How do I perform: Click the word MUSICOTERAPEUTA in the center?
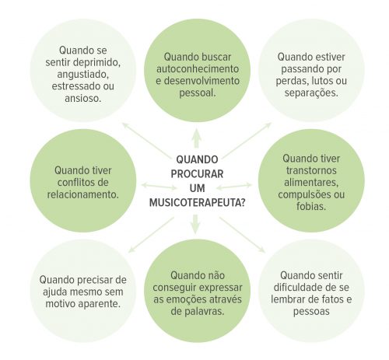194,202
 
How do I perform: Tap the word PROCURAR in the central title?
197,173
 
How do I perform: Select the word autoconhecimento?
198,69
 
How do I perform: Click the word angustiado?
82,75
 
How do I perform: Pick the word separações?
311,93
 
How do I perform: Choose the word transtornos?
311,170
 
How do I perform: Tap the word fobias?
311,207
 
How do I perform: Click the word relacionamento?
83,194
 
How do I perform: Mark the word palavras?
204,311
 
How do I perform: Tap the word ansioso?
83,99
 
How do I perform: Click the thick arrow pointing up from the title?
197,138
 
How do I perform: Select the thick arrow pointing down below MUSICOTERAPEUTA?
196,224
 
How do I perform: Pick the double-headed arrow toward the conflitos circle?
159,186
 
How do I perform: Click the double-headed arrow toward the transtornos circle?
234,187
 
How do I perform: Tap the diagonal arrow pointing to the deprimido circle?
145,139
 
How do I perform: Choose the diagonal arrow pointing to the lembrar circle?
242,235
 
